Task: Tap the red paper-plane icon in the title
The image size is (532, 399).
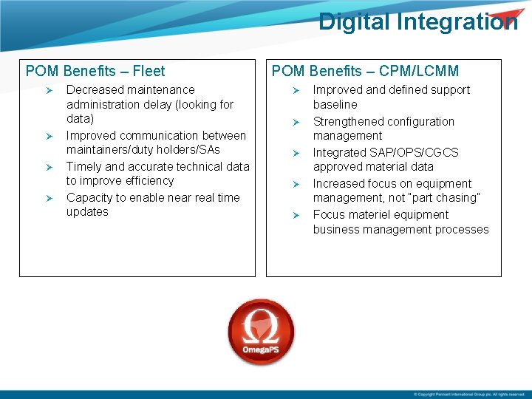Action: pyautogui.click(x=505, y=18)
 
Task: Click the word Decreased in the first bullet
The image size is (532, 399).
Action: pyautogui.click(x=94, y=90)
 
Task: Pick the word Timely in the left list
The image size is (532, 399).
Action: pyautogui.click(x=84, y=166)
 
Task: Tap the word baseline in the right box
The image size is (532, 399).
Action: pyautogui.click(x=335, y=105)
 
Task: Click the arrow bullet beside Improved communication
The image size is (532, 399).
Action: pyautogui.click(x=49, y=136)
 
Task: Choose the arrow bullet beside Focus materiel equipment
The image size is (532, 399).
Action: pyautogui.click(x=295, y=215)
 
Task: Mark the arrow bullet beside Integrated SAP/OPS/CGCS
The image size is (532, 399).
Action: pyautogui.click(x=295, y=153)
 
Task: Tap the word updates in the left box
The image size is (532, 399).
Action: pyautogui.click(x=87, y=212)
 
